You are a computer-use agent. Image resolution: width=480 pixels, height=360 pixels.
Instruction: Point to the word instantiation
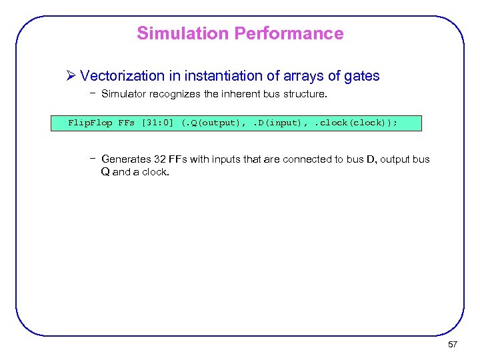[x=218, y=76]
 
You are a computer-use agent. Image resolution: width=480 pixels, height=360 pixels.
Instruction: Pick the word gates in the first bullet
[x=361, y=76]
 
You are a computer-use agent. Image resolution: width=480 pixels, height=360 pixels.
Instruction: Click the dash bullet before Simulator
[x=92, y=94]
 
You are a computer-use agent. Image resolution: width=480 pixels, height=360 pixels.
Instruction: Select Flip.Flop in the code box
[x=91, y=123]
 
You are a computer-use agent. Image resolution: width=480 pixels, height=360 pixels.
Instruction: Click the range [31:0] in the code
[x=159, y=123]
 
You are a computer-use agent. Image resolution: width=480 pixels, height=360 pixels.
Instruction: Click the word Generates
[x=126, y=159]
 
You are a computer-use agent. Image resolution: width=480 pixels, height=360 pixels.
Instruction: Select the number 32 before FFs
[x=160, y=159]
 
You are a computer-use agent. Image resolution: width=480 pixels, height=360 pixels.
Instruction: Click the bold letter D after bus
[x=371, y=159]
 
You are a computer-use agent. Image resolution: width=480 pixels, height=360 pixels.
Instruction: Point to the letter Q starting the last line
[x=105, y=171]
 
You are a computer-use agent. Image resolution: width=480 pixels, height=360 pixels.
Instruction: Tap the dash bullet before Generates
[x=92, y=159]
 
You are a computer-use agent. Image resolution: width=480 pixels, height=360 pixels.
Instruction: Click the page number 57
[x=453, y=344]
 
